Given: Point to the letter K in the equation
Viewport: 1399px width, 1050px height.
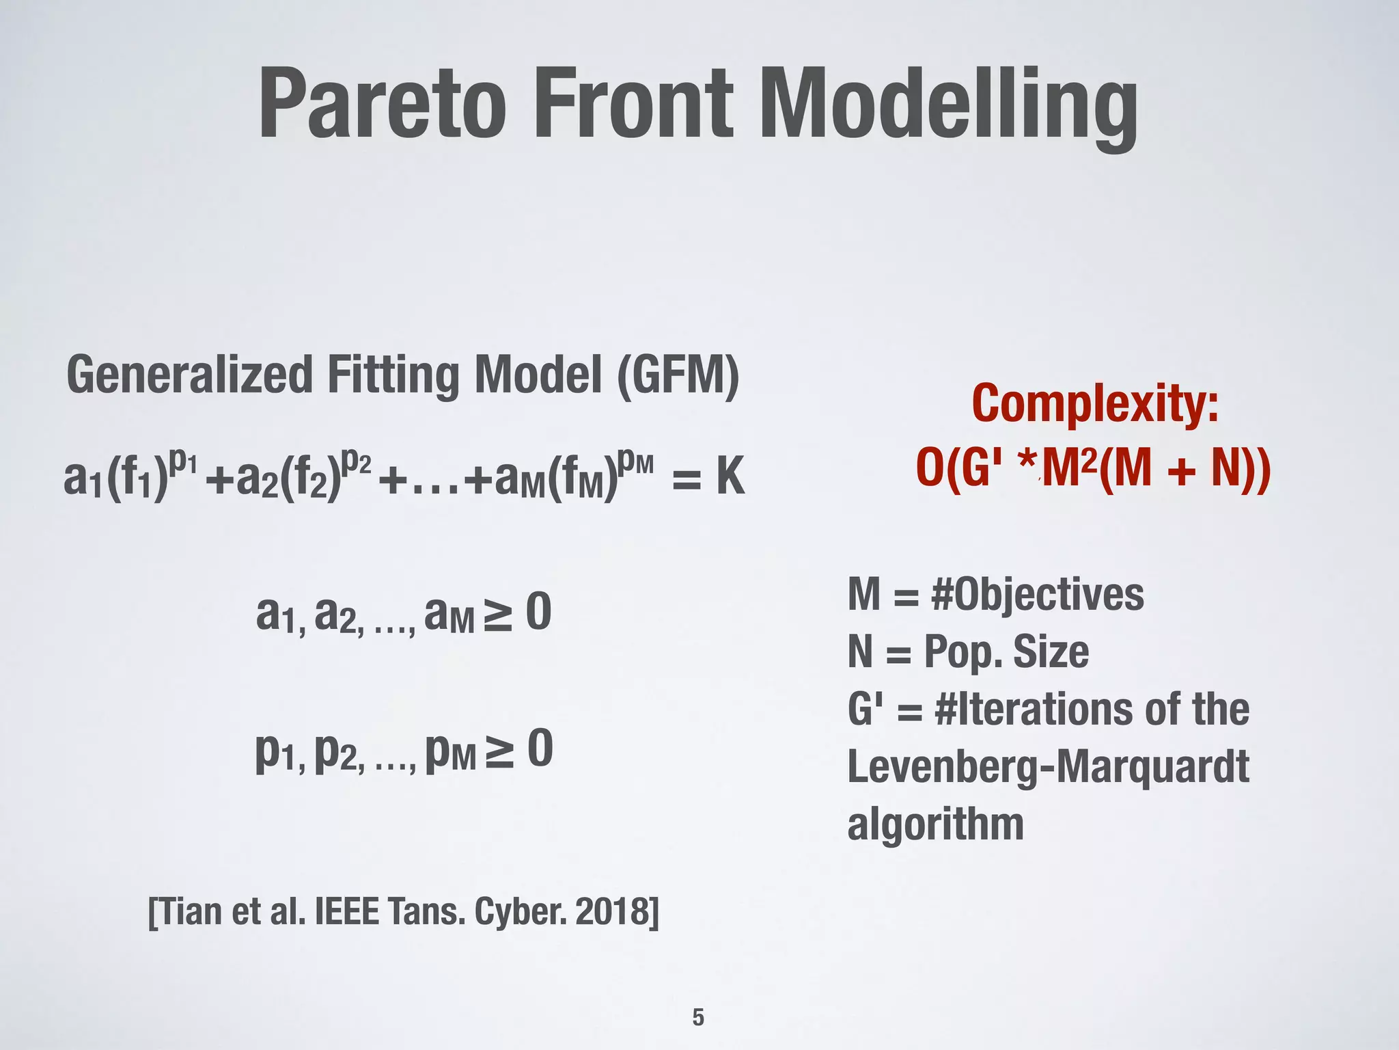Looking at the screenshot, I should point(730,477).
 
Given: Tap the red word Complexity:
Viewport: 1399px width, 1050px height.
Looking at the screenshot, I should point(1094,405).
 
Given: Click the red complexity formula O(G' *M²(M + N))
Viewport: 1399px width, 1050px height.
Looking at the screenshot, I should point(1093,469).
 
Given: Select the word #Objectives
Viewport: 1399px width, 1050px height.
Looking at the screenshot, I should point(1037,595).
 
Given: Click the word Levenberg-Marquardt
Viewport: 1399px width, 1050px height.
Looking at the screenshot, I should point(1048,766).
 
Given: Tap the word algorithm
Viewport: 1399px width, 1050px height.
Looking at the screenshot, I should point(935,824).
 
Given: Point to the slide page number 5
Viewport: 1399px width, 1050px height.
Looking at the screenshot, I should point(698,1017).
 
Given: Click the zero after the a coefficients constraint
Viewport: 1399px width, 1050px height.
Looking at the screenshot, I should point(538,613).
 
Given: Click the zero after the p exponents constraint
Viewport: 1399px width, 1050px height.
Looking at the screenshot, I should point(540,750).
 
